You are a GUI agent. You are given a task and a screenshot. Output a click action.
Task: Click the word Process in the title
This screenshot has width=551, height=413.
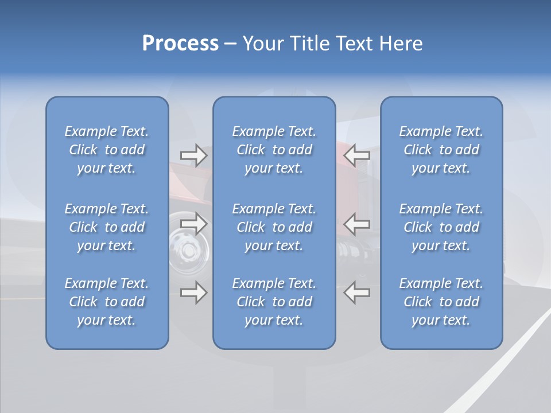coord(180,44)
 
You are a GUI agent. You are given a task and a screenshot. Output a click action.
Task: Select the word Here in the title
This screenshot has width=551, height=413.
coord(401,44)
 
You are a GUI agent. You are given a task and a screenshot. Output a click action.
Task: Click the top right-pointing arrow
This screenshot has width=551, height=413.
coord(193,155)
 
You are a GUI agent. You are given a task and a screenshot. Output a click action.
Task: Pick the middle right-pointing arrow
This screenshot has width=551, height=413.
coord(193,224)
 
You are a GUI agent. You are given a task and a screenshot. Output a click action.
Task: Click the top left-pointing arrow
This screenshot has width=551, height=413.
coord(357,155)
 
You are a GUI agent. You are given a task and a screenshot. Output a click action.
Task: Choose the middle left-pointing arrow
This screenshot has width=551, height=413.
coord(357,224)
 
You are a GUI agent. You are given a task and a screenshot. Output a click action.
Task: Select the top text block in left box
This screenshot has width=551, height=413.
coord(107,150)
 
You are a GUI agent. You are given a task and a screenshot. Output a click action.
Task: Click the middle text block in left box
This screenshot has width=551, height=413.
coord(107,227)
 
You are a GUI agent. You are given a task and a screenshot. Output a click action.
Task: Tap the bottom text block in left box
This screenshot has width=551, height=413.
coord(107,302)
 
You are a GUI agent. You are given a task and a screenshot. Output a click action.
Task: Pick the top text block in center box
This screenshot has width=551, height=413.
coord(274,150)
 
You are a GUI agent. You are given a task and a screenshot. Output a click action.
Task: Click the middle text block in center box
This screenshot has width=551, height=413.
coord(274,227)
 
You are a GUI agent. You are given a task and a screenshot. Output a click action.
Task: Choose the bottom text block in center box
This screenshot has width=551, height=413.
coord(274,302)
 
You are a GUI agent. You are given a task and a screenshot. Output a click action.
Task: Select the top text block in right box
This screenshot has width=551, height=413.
coord(441,150)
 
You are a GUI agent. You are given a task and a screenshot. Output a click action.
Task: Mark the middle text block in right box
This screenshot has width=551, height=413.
coord(441,227)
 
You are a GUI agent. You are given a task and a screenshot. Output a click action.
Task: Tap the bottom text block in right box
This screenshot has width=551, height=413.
coord(441,302)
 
